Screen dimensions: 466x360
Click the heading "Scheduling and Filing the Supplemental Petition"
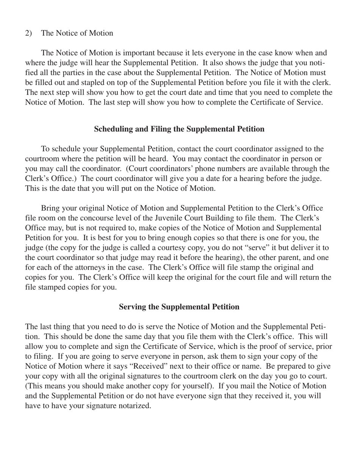click(x=179, y=129)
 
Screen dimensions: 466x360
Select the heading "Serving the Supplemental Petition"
click(x=179, y=307)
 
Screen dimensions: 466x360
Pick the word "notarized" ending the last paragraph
click(x=134, y=406)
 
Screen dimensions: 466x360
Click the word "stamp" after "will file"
click(x=234, y=267)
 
